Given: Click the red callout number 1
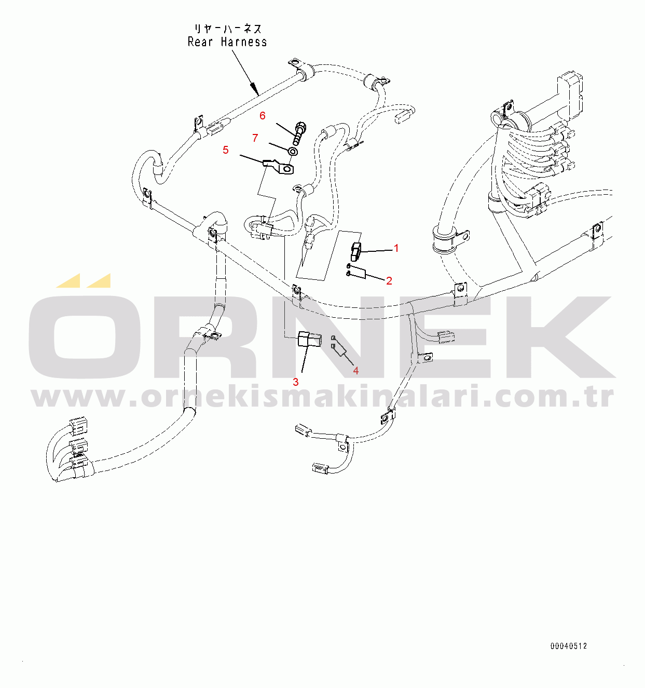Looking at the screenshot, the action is click(396, 248).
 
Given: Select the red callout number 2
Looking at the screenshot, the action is click(389, 281).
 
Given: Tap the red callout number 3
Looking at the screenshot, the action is click(296, 382).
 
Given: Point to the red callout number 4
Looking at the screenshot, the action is click(356, 371).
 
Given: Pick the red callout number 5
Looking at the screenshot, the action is click(226, 150).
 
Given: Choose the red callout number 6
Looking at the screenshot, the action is click(263, 116).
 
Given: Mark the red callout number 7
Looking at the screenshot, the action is click(255, 138).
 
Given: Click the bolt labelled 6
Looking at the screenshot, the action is click(299, 133).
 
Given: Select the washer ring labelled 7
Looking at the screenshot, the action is click(293, 152).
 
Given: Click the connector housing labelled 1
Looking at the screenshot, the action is click(355, 251).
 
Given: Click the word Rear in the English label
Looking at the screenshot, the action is click(200, 42).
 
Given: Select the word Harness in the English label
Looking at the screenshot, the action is click(244, 42).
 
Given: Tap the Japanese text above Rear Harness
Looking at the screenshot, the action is click(228, 29).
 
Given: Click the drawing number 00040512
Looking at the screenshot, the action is click(569, 646).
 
